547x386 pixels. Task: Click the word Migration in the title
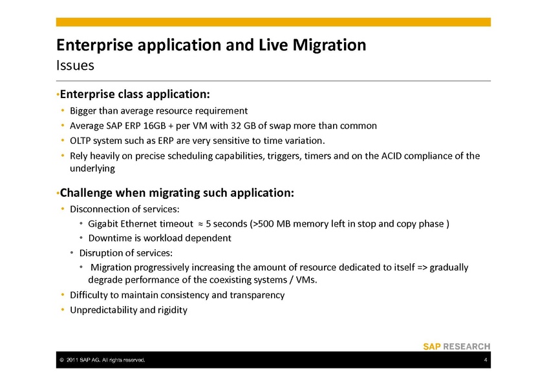(x=329, y=45)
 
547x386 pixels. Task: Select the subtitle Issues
(x=75, y=65)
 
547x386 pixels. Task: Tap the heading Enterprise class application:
(x=134, y=94)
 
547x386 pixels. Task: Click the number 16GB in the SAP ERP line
(x=154, y=125)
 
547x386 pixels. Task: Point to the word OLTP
(x=80, y=141)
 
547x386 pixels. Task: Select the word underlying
(x=92, y=168)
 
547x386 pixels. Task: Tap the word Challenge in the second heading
(x=86, y=192)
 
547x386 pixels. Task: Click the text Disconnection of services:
(x=125, y=209)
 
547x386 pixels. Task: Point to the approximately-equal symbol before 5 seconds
(x=200, y=224)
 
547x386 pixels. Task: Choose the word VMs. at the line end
(x=306, y=279)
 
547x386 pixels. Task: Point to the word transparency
(x=257, y=295)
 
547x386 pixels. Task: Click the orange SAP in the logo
(x=432, y=347)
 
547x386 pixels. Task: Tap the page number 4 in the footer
(x=486, y=360)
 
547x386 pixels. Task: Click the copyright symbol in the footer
(x=61, y=360)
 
